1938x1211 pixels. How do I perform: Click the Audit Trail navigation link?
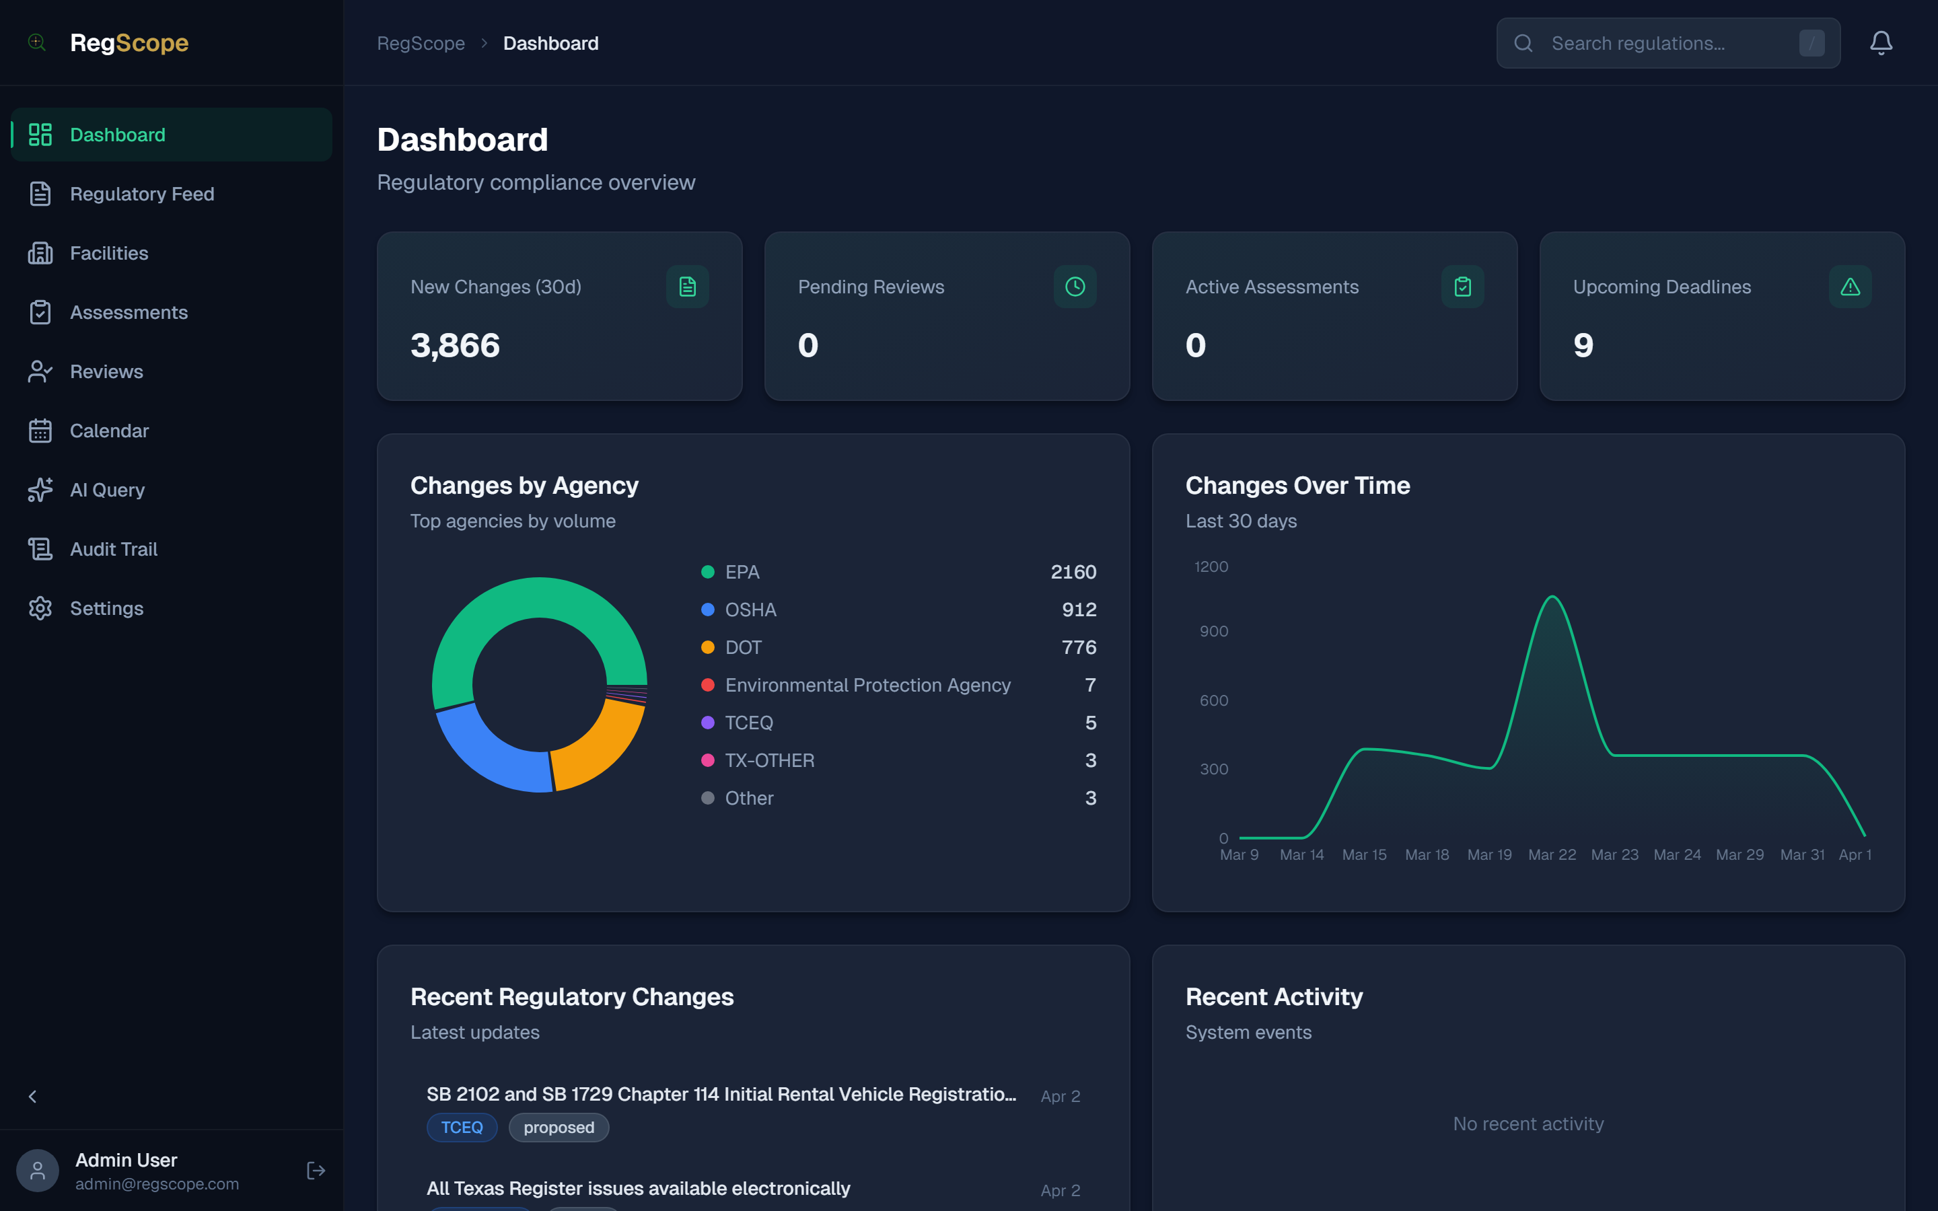113,550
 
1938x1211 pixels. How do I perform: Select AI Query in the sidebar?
106,490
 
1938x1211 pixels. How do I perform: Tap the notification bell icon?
1880,43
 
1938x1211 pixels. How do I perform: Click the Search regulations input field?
1665,43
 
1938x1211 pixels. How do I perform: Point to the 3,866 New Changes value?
455,346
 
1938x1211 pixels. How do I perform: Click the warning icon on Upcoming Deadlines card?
1850,287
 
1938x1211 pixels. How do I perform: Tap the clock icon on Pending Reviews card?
1075,287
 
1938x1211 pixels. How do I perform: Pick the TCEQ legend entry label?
749,723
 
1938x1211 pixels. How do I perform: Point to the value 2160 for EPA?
1073,572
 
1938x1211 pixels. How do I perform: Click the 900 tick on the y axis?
1213,632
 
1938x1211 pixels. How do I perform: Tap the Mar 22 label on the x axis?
1551,855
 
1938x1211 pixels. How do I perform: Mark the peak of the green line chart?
1552,597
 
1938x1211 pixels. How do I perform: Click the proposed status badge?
558,1128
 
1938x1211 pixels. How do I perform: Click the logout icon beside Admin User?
316,1171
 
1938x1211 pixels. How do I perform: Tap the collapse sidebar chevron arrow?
33,1097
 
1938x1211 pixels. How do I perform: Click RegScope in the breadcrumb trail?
421,43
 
